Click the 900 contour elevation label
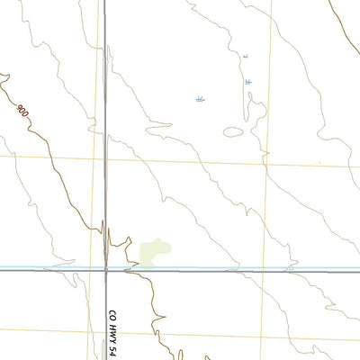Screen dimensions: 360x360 click(x=22, y=110)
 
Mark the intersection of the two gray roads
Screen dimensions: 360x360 click(x=105, y=270)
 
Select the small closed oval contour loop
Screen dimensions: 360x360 click(x=233, y=131)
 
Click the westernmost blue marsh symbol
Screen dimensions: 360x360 click(x=201, y=99)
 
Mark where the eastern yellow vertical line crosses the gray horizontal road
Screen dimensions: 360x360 click(x=265, y=270)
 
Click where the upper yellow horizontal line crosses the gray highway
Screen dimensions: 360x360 click(x=105, y=157)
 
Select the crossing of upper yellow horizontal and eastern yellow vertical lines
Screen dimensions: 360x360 click(x=266, y=164)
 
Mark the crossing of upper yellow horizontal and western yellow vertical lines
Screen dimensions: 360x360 click(x=93, y=157)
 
